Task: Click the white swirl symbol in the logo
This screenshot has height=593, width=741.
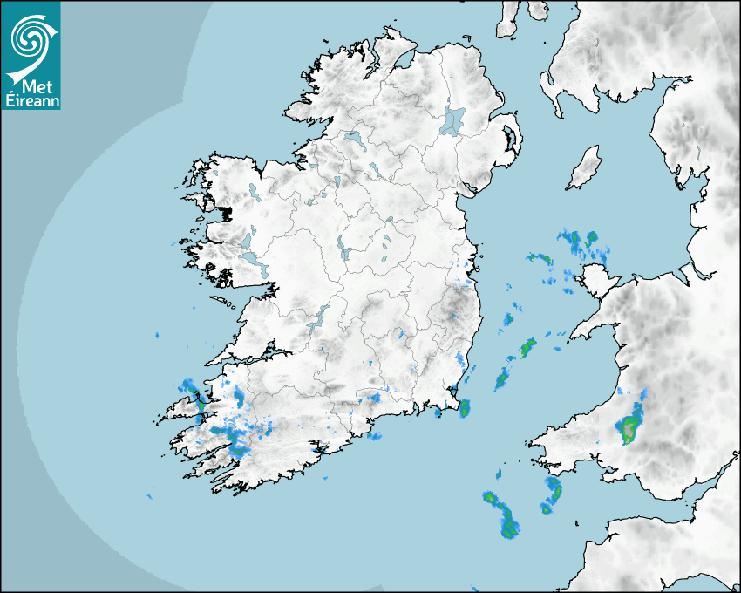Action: point(30,37)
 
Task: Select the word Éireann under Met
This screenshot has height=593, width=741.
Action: point(31,100)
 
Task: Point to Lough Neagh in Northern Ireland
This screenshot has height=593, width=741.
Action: point(452,119)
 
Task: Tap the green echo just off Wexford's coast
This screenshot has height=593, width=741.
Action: point(464,407)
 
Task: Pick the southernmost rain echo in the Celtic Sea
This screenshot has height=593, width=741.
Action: point(510,528)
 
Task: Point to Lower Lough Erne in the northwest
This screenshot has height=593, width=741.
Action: point(354,139)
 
